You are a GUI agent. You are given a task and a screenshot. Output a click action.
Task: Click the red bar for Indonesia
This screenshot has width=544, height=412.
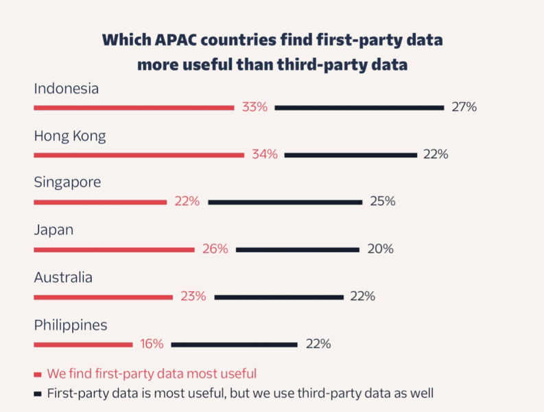click(x=134, y=108)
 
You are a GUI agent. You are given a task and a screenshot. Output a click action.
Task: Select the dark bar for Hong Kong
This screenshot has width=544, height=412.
click(x=351, y=155)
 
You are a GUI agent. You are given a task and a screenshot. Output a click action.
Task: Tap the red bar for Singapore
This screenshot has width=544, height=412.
click(x=100, y=203)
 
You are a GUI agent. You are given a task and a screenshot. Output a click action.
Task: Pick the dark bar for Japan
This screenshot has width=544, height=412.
click(x=297, y=250)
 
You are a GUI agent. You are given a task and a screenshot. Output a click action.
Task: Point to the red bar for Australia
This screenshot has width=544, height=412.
click(x=103, y=297)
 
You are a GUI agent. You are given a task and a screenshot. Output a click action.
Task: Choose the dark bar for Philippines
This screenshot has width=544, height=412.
click(x=234, y=345)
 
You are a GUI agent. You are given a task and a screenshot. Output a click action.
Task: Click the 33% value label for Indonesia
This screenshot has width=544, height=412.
click(x=255, y=107)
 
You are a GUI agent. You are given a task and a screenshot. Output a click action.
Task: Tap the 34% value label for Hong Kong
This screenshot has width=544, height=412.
click(x=264, y=154)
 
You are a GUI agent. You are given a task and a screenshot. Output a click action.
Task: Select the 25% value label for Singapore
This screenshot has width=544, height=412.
click(x=382, y=202)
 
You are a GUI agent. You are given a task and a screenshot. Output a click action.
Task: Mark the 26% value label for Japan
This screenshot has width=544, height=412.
click(x=215, y=249)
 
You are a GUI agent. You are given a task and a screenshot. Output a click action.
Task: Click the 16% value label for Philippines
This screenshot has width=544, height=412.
click(x=152, y=344)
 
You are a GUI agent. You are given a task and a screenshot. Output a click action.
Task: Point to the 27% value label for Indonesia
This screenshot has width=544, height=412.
click(x=464, y=107)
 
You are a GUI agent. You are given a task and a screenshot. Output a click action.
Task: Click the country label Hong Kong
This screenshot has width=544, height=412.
click(x=70, y=136)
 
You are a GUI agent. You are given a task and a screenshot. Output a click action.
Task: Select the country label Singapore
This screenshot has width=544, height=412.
click(x=67, y=183)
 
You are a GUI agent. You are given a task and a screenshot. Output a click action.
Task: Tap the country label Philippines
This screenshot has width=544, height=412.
click(x=71, y=325)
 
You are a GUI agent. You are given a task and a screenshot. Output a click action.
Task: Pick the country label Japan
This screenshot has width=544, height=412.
click(x=54, y=230)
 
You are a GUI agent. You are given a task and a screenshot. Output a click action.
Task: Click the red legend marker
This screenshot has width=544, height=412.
click(x=38, y=374)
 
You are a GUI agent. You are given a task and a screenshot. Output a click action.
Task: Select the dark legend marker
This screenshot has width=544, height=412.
click(x=38, y=394)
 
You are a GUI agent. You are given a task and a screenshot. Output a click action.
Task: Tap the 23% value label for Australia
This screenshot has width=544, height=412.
click(x=193, y=297)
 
